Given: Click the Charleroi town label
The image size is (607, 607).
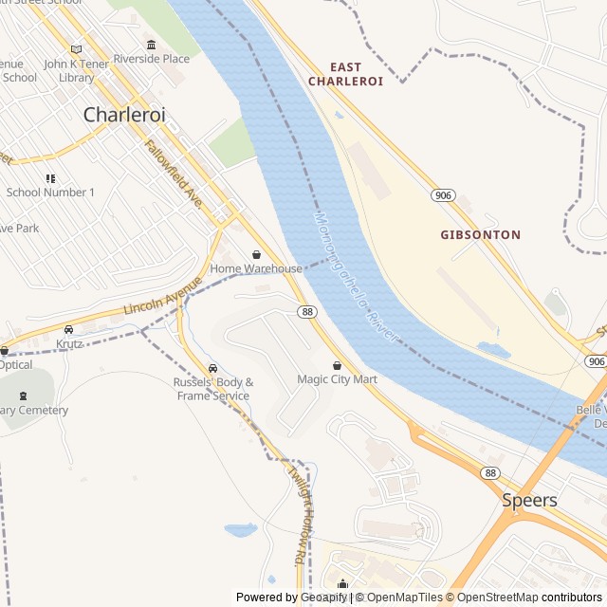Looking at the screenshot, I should click(x=124, y=115).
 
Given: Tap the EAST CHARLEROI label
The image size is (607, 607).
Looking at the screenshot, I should click(x=345, y=74).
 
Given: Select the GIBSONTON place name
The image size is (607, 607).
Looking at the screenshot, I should click(x=480, y=234).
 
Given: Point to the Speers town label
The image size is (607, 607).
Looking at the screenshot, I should click(x=529, y=500).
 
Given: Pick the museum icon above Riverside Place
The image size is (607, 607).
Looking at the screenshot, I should click(x=151, y=45).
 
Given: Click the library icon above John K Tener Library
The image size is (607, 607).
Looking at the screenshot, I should click(x=77, y=49).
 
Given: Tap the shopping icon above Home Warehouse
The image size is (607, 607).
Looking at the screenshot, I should click(x=256, y=254).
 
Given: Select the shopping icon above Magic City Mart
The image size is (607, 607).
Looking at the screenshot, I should click(x=337, y=365).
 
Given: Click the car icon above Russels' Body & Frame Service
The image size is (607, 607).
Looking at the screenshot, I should click(x=212, y=368).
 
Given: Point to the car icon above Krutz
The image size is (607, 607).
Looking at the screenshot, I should click(x=68, y=329).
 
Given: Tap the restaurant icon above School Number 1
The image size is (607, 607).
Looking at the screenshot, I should click(x=50, y=178).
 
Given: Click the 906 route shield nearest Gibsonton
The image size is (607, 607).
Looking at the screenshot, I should click(x=442, y=194).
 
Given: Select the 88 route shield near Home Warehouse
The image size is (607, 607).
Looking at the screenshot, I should click(x=305, y=311).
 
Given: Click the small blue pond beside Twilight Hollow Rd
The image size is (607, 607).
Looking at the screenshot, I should click(x=240, y=530).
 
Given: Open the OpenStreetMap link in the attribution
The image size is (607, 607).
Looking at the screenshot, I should click(x=492, y=598).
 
